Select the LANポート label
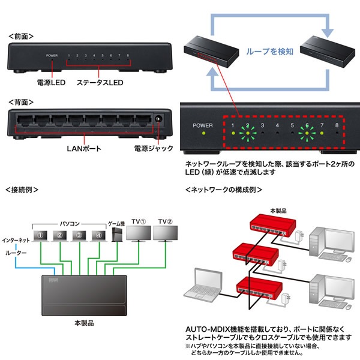coord(86,147)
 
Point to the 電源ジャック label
coord(155,147)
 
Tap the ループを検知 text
coord(270,52)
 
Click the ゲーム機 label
coord(116,222)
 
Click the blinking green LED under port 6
coord(307,127)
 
